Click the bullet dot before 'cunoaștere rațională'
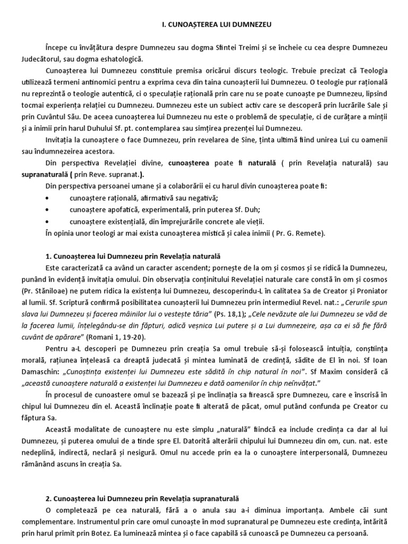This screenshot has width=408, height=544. point(49,198)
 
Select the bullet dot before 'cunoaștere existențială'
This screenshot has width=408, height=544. point(49,222)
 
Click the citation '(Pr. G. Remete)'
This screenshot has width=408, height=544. point(299,233)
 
